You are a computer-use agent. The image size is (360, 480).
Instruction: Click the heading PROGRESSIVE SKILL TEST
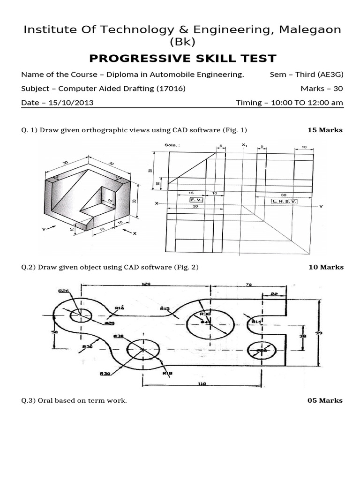pyautogui.click(x=182, y=59)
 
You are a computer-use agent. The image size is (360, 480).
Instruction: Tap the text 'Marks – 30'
pyautogui.click(x=322, y=88)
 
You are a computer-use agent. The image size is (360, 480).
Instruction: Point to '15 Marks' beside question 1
pyautogui.click(x=325, y=130)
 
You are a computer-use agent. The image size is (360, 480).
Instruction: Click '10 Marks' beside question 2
pyautogui.click(x=326, y=267)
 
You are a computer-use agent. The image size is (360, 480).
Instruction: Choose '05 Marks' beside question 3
pyautogui.click(x=325, y=400)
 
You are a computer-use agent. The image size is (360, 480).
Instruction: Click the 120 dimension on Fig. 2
pyautogui.click(x=147, y=285)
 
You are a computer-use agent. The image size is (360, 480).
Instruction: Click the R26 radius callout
pyautogui.click(x=64, y=291)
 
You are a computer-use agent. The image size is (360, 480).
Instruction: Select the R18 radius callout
pyautogui.click(x=167, y=373)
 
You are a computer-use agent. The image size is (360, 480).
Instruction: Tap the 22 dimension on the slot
pyautogui.click(x=274, y=295)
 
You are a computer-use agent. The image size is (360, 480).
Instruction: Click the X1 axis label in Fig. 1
pyautogui.click(x=244, y=145)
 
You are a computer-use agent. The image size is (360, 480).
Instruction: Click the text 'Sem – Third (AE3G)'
pyautogui.click(x=307, y=74)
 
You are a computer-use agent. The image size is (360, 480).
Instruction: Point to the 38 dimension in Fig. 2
pyautogui.click(x=303, y=336)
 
